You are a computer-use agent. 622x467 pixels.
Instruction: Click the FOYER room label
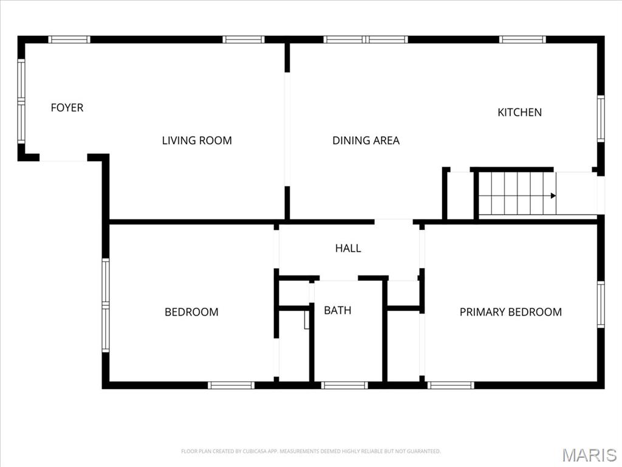pyautogui.click(x=67, y=108)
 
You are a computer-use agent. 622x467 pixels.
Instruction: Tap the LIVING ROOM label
pyautogui.click(x=197, y=140)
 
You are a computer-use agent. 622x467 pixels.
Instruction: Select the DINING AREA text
pyautogui.click(x=366, y=140)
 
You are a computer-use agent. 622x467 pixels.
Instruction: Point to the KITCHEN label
pyautogui.click(x=519, y=112)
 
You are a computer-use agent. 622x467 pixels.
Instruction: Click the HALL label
pyautogui.click(x=348, y=248)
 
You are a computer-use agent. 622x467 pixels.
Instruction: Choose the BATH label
pyautogui.click(x=337, y=310)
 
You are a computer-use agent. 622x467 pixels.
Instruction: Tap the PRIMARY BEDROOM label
pyautogui.click(x=510, y=312)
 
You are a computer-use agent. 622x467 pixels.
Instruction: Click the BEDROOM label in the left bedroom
pyautogui.click(x=191, y=312)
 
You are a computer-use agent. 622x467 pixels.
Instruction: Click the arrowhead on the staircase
pyautogui.click(x=553, y=196)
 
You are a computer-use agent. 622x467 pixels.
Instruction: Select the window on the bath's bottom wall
pyautogui.click(x=344, y=385)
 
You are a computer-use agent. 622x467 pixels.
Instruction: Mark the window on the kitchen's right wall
pyautogui.click(x=600, y=119)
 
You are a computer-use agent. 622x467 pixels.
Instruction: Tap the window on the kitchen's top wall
pyautogui.click(x=522, y=40)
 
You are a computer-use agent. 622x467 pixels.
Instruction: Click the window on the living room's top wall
pyautogui.click(x=243, y=40)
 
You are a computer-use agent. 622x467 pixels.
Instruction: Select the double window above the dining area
pyautogui.click(x=366, y=40)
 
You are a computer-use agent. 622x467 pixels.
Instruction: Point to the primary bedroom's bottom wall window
pyautogui.click(x=451, y=385)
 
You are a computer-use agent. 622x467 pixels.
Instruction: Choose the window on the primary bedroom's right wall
pyautogui.click(x=600, y=304)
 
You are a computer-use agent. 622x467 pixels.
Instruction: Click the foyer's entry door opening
pyautogui.click(x=63, y=158)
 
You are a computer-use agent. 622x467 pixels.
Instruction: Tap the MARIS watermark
pyautogui.click(x=589, y=455)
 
